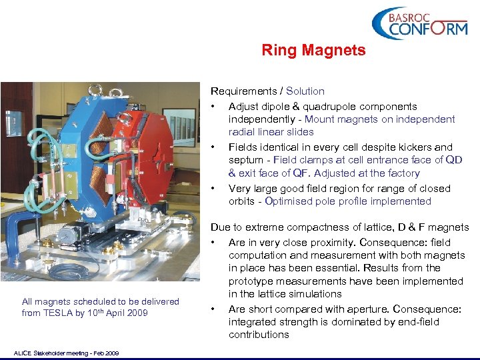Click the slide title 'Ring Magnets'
pos(313,50)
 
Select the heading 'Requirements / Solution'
pos(267,91)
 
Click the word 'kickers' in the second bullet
pos(397,147)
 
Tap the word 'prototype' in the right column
pos(250,281)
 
